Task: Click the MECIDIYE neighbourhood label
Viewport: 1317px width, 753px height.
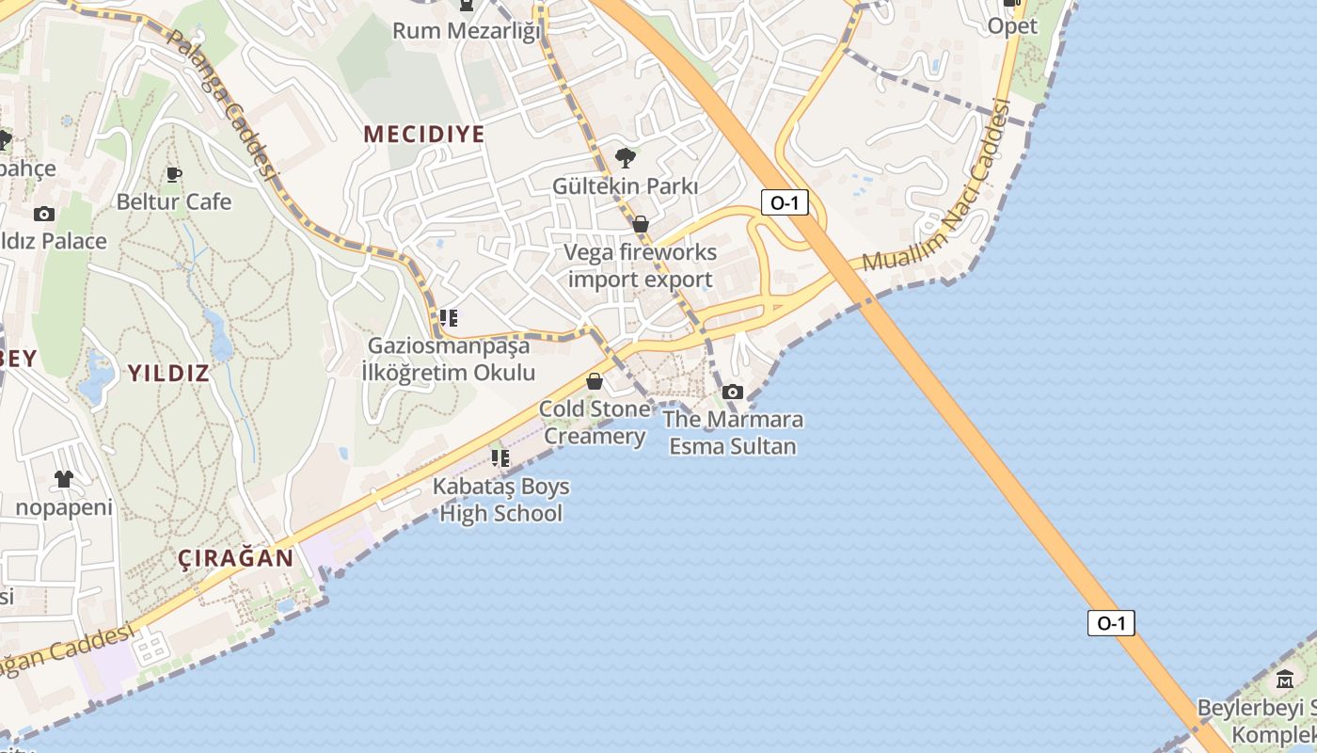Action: coord(424,135)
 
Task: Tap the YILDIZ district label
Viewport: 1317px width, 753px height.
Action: coord(168,373)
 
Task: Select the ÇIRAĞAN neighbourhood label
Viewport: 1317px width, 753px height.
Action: coord(236,557)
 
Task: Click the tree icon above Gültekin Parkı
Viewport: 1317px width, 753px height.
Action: coord(625,157)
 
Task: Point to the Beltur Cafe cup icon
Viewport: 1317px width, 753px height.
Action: coord(174,174)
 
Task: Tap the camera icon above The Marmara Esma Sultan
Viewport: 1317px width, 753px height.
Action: coord(733,392)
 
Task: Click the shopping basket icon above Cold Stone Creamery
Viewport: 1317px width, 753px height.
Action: coord(595,381)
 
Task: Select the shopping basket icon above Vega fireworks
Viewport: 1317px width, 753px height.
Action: coord(641,224)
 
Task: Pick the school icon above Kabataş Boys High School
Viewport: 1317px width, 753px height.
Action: coord(500,458)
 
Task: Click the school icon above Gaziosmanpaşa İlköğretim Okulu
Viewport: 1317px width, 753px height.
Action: coord(449,318)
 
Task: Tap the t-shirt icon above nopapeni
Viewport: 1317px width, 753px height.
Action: coord(63,479)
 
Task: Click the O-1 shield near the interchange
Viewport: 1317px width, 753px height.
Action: coord(785,202)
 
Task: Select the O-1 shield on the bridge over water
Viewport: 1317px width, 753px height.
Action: coord(1111,623)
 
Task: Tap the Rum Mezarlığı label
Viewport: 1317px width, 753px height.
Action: coord(468,31)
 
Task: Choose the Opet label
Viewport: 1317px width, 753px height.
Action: coord(1012,26)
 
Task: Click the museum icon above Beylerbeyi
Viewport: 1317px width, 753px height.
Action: coord(1285,679)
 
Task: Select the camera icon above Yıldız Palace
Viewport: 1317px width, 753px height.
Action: coord(44,214)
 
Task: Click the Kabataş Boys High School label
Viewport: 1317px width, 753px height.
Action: coord(501,500)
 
